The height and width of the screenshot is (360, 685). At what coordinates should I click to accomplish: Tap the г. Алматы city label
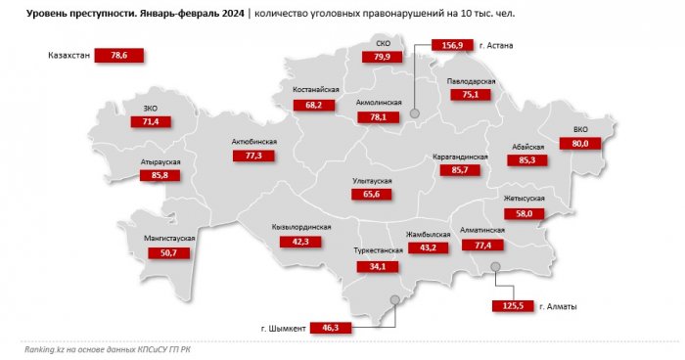pos(555,306)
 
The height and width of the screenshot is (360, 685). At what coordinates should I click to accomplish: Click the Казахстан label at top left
pos(68,56)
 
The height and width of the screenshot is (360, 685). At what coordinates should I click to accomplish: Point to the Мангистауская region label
pos(169,239)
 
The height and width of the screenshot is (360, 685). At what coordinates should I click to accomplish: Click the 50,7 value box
pos(166,252)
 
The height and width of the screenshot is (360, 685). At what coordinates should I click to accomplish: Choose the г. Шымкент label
pos(280,328)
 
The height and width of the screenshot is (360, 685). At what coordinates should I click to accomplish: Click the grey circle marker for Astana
pos(414,114)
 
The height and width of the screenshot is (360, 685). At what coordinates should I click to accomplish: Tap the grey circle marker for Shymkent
pos(394,301)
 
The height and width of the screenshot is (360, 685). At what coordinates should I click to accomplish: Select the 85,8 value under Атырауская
pos(155,174)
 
